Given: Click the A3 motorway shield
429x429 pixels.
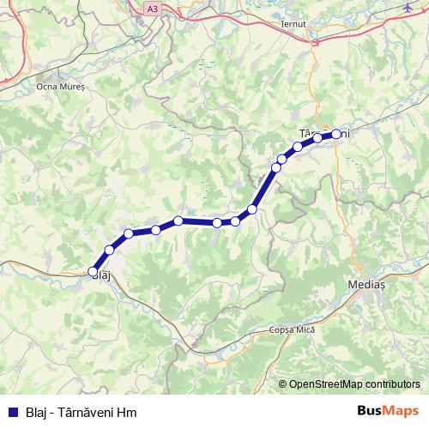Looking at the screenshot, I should (152, 8).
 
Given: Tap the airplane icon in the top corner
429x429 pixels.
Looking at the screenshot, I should (406, 7).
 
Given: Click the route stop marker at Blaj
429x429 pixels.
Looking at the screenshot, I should (94, 271).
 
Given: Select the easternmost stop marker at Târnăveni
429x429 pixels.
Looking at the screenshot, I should (336, 134).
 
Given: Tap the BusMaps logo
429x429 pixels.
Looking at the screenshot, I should (388, 410).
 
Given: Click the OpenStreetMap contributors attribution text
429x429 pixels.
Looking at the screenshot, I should (354, 384).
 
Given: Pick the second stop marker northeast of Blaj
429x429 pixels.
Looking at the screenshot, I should (129, 234).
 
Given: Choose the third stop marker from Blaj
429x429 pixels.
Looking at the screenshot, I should (156, 229).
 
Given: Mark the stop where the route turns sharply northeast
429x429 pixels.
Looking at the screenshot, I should (252, 209).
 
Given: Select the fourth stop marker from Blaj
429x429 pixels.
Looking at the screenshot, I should (178, 221).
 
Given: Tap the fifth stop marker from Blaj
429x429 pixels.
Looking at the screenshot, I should (217, 222).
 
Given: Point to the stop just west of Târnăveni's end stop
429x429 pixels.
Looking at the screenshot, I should (317, 137).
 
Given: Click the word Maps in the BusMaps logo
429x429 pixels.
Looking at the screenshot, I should (401, 410).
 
